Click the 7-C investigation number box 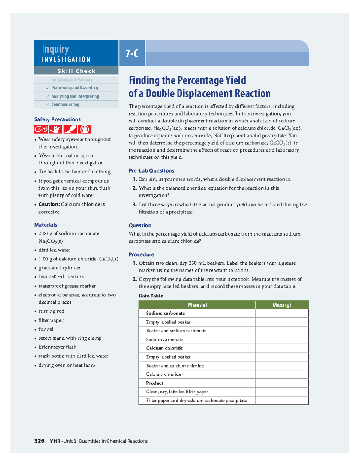pyautogui.click(x=132, y=53)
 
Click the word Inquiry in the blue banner pyautogui.click(x=55, y=49)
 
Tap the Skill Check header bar pyautogui.click(x=76, y=71)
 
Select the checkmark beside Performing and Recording pyautogui.click(x=48, y=88)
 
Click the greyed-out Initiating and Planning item pyautogui.click(x=72, y=80)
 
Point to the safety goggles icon pyautogui.click(x=41, y=129)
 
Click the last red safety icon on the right pyautogui.click(x=85, y=129)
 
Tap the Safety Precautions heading pyautogui.click(x=57, y=119)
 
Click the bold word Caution pyautogui.click(x=49, y=204)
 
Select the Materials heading pyautogui.click(x=46, y=225)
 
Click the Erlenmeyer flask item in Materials pyautogui.click(x=57, y=347)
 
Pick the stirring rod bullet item pyautogui.click(x=51, y=311)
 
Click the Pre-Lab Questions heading pyautogui.click(x=151, y=170)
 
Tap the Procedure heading pyautogui.click(x=141, y=254)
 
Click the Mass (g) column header pyautogui.click(x=282, y=305)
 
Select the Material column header pyautogui.click(x=197, y=305)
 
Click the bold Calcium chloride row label pyautogui.click(x=164, y=348)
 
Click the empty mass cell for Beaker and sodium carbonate pyautogui.click(x=282, y=331)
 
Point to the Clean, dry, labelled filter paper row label pyautogui.click(x=177, y=392)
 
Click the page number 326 pyautogui.click(x=39, y=441)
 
